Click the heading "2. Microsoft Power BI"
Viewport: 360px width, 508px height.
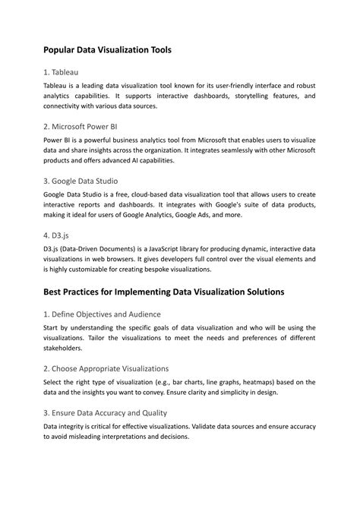tap(80, 126)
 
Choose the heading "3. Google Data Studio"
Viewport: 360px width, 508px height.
tap(81, 181)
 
